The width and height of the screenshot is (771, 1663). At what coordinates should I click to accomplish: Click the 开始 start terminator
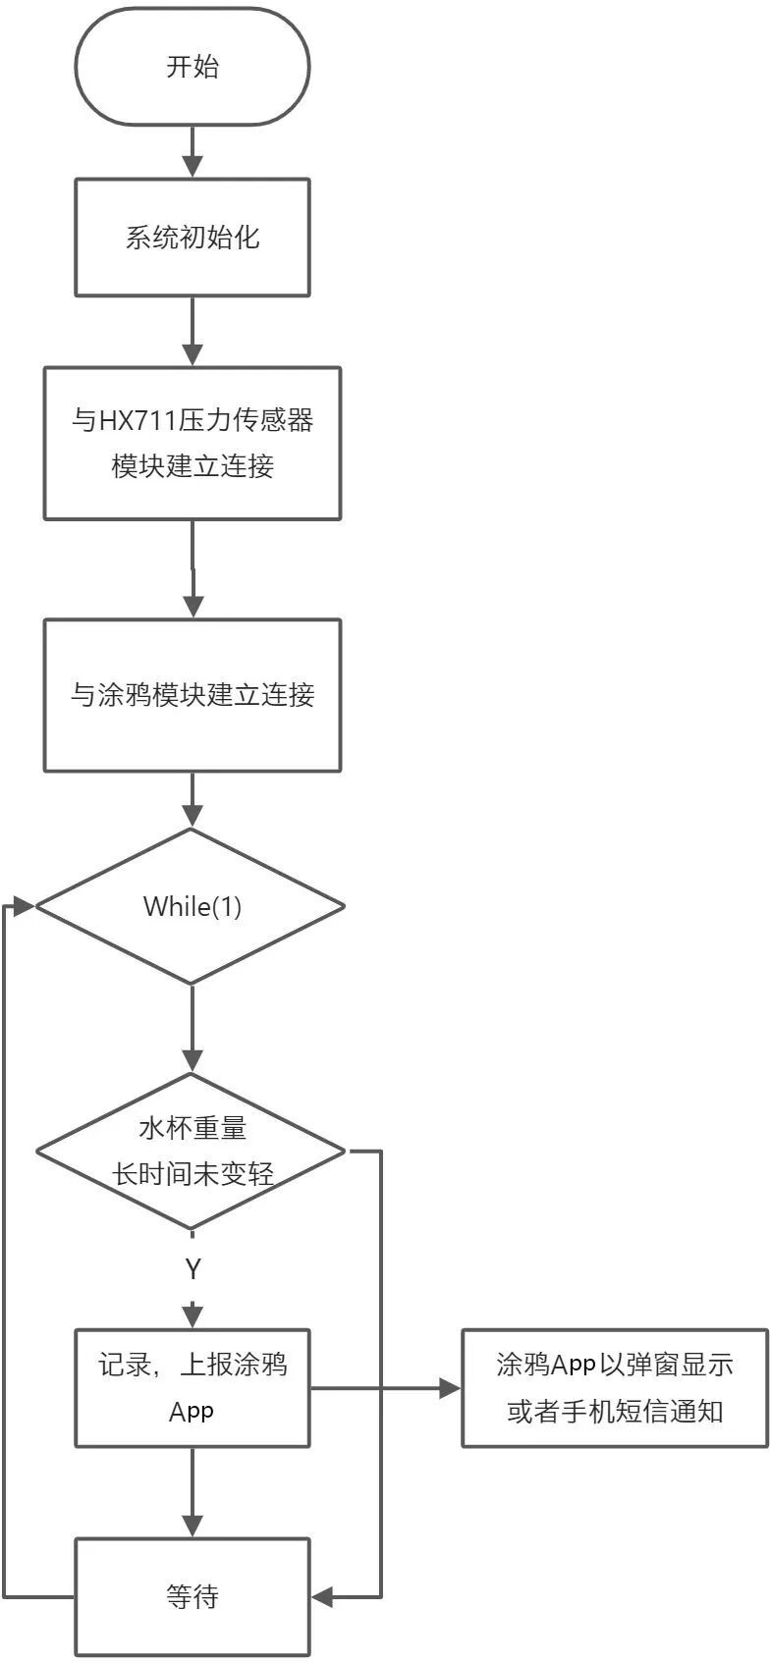tap(193, 68)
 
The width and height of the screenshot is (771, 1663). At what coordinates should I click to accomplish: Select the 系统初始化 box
tap(193, 238)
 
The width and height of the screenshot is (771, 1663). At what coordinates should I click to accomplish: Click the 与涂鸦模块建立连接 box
tap(193, 695)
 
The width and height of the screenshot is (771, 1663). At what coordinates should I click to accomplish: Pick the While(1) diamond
tap(193, 906)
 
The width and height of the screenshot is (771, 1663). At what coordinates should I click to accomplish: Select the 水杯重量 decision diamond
tap(193, 1151)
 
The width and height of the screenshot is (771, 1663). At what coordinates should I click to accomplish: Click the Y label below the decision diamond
tap(193, 1269)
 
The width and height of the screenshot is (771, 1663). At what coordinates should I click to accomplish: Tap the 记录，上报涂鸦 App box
tap(193, 1387)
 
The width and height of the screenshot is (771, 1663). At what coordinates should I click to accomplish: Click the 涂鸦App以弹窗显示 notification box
tap(615, 1387)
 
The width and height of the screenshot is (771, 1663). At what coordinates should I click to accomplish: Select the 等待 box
tap(193, 1597)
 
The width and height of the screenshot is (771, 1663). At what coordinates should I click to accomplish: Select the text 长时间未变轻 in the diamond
tap(193, 1173)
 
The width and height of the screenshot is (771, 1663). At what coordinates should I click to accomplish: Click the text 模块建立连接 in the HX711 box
tap(193, 466)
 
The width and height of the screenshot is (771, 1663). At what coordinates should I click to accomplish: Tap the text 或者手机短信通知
tap(615, 1412)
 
